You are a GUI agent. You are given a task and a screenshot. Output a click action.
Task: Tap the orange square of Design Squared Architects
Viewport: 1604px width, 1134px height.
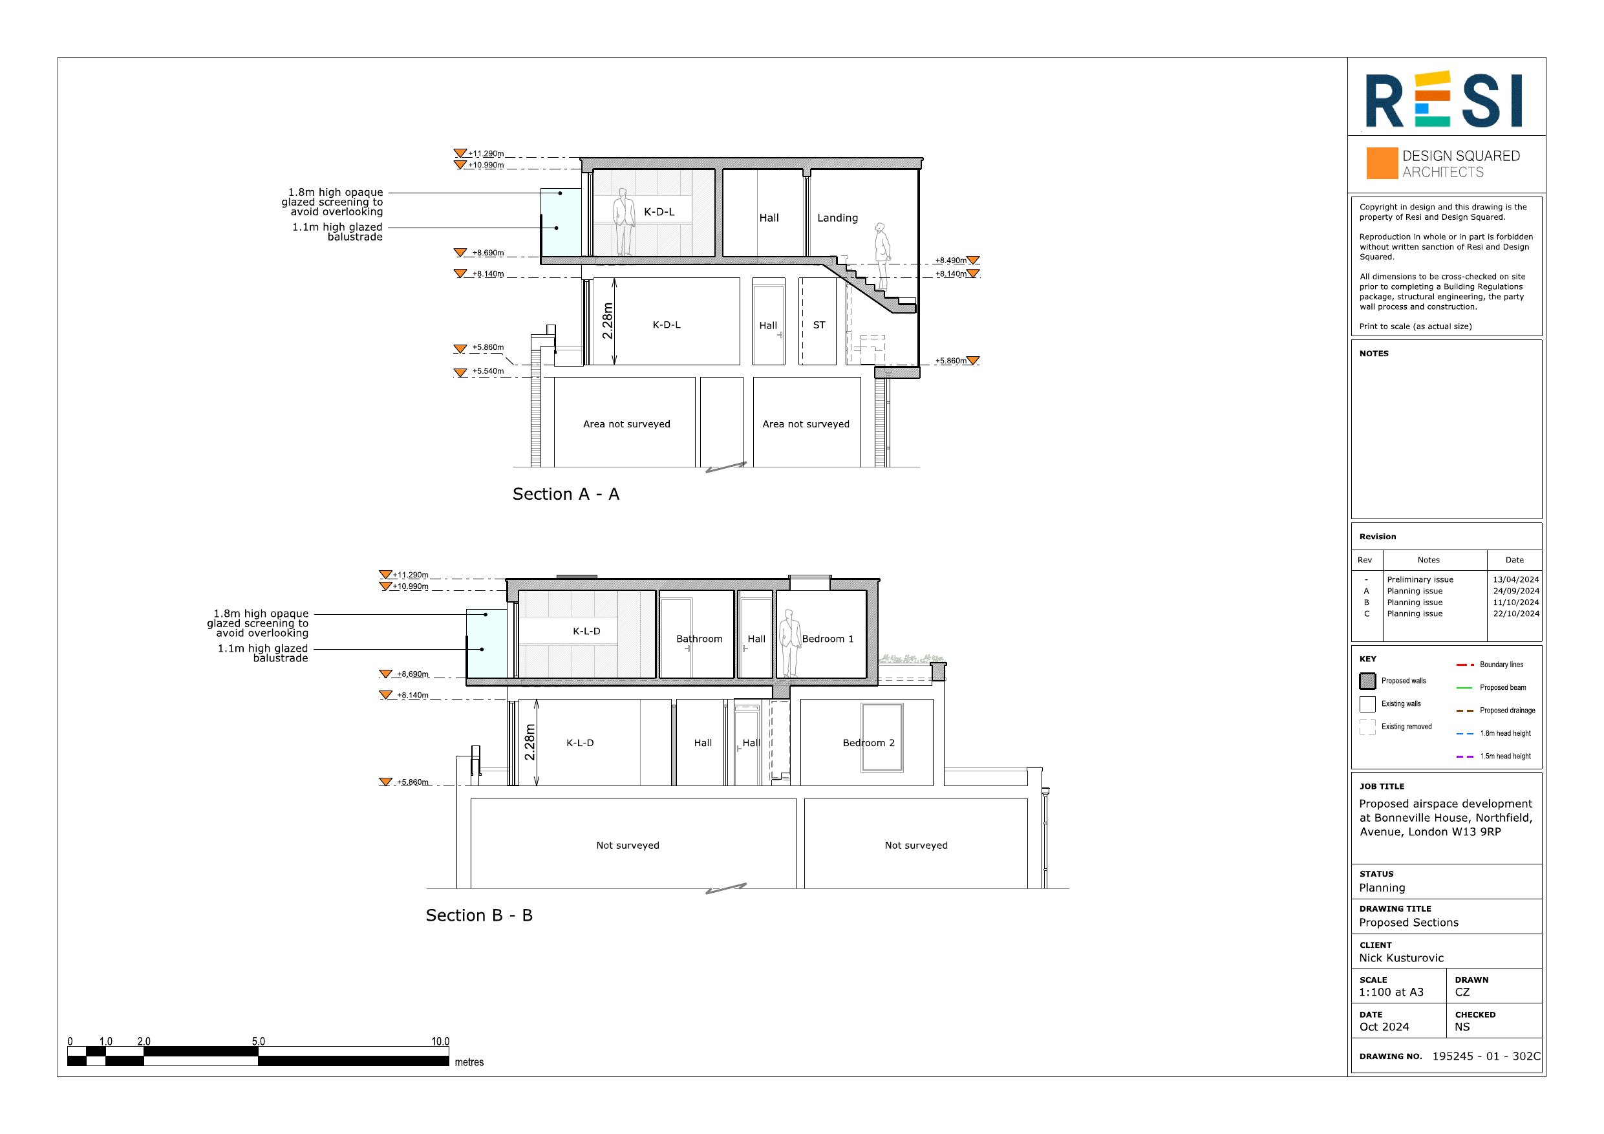click(1382, 164)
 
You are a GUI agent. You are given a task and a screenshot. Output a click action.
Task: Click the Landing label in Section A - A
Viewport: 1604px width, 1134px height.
click(838, 218)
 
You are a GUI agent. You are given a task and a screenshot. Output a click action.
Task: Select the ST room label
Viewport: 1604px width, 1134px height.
click(818, 325)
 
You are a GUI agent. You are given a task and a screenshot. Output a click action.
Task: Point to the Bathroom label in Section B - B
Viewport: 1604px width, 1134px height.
click(700, 639)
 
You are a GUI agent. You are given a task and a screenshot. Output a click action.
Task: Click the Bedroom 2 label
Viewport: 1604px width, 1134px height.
click(868, 743)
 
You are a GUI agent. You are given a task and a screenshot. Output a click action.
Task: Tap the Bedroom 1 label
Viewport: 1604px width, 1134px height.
click(828, 639)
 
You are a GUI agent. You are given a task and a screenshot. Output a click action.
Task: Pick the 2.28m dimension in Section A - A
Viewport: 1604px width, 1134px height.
click(607, 321)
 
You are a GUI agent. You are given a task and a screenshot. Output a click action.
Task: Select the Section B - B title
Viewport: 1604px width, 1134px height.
click(479, 915)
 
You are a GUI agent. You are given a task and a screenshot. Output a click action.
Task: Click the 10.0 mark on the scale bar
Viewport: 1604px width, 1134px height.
click(440, 1041)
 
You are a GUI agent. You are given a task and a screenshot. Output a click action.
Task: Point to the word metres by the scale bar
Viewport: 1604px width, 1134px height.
click(469, 1062)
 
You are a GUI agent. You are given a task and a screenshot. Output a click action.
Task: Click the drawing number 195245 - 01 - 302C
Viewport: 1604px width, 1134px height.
click(1486, 1056)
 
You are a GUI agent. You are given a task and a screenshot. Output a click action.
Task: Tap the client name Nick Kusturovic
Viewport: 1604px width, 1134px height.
click(1402, 958)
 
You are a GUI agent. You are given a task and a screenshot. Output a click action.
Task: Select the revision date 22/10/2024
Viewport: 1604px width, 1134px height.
click(1516, 614)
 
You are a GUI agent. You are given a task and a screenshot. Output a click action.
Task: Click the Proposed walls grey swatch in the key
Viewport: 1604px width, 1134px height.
click(1367, 681)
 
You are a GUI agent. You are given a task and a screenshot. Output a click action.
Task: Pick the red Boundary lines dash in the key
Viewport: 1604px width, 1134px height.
click(1465, 665)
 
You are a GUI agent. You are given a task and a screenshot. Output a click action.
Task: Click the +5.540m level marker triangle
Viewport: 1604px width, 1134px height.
click(460, 373)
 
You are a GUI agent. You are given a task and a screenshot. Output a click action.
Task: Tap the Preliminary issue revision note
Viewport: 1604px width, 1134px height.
click(1420, 579)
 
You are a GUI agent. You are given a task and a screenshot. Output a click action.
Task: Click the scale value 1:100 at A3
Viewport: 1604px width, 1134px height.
click(1391, 992)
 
